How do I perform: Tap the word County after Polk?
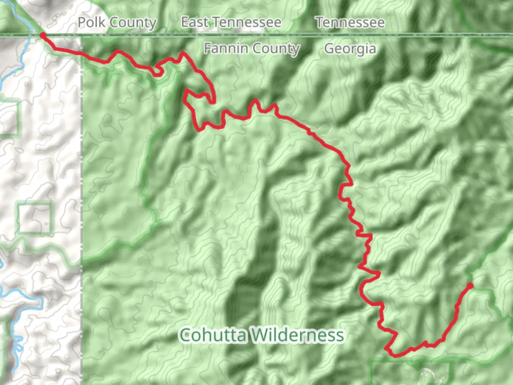(x=133, y=23)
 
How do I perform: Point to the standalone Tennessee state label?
(x=350, y=22)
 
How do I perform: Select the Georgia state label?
(x=350, y=48)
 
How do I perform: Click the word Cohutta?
(x=213, y=335)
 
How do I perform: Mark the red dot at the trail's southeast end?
(x=470, y=286)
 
